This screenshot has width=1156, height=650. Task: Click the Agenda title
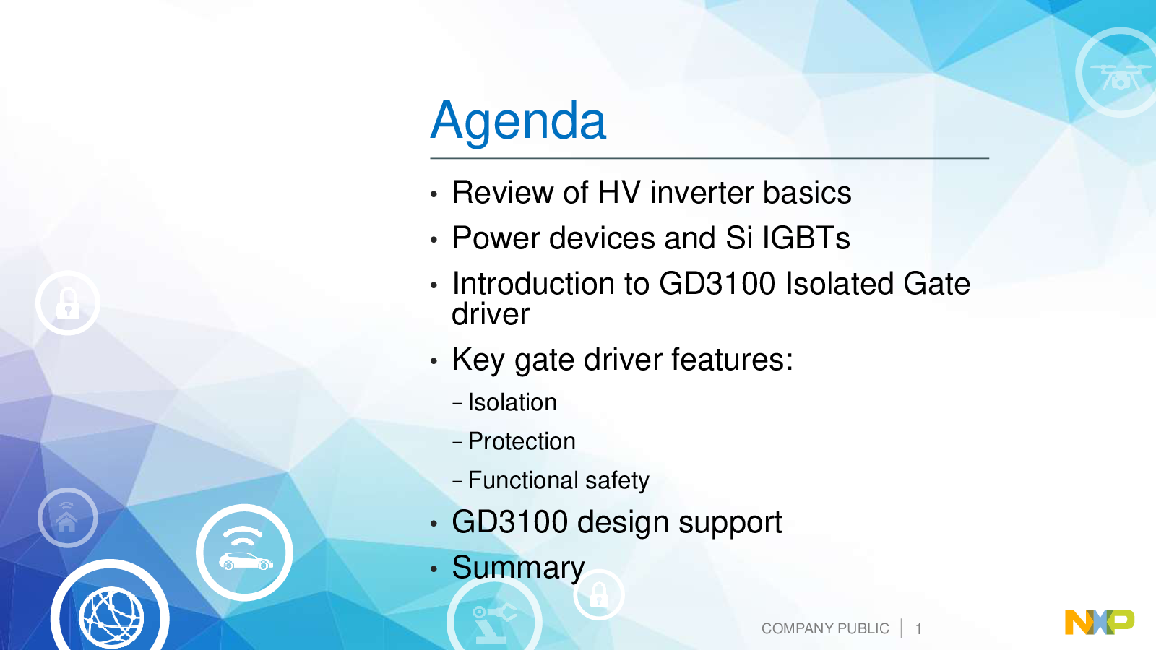tap(518, 121)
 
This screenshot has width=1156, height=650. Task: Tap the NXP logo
tap(1099, 622)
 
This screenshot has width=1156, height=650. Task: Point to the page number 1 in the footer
tap(918, 629)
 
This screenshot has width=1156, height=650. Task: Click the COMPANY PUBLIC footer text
tap(825, 628)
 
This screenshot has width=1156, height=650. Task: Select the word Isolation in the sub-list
tap(512, 402)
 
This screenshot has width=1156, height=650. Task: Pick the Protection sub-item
tap(521, 441)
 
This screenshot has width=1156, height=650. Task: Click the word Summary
tap(518, 568)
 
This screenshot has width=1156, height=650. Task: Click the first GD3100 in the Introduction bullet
tap(717, 283)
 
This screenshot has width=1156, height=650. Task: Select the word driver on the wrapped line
tap(491, 313)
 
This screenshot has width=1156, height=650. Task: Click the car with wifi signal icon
tap(245, 552)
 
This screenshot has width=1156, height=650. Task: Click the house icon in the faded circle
tap(66, 518)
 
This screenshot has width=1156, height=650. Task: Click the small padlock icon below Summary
tap(599, 595)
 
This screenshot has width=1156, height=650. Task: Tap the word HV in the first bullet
tap(619, 192)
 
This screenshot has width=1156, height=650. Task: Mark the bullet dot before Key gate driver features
tap(433, 360)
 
